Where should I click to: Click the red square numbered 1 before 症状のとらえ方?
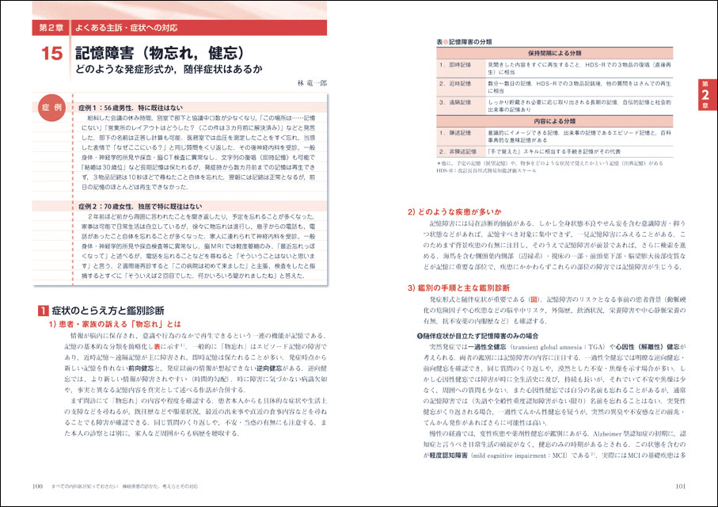[44, 308]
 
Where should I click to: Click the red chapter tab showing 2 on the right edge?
[704, 95]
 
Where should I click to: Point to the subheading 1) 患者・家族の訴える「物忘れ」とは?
[114, 324]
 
